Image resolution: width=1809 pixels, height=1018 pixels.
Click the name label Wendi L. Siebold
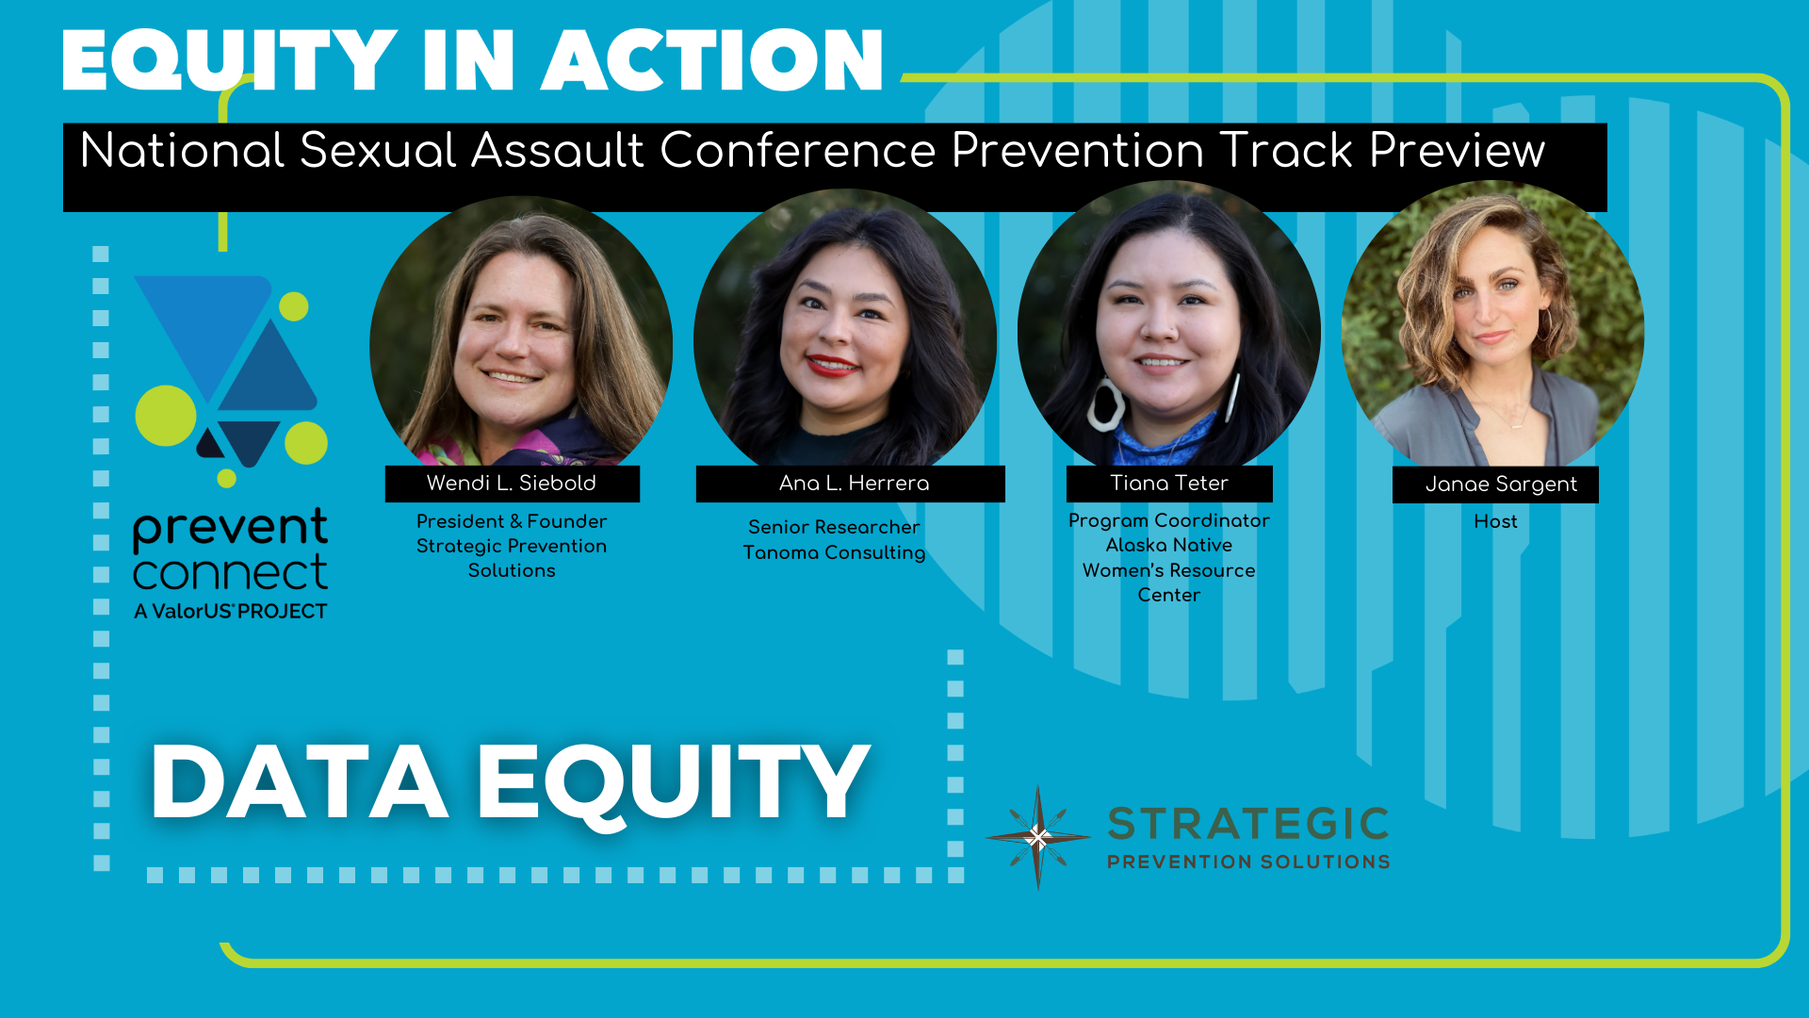coord(512,484)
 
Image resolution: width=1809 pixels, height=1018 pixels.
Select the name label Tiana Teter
coord(1169,484)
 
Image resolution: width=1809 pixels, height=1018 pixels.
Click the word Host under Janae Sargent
coord(1495,521)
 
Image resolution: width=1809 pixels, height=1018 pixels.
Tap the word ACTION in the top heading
coord(712,60)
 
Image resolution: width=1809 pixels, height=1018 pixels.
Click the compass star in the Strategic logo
coord(1037,837)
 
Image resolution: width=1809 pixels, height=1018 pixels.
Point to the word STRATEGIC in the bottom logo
coord(1248,824)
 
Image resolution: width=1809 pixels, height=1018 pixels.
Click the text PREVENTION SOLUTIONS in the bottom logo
coord(1248,862)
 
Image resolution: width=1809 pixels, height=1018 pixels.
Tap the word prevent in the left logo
coord(230,528)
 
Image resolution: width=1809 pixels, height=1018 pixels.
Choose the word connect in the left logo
coord(230,573)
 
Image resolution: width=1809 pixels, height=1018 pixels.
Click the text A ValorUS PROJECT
coord(230,611)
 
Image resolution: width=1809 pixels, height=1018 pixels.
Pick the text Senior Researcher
coord(834,527)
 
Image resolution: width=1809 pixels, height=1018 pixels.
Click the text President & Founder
coord(512,521)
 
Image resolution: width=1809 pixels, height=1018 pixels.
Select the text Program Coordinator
coord(1169,520)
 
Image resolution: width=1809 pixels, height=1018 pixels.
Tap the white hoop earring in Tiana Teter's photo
coord(1105,404)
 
